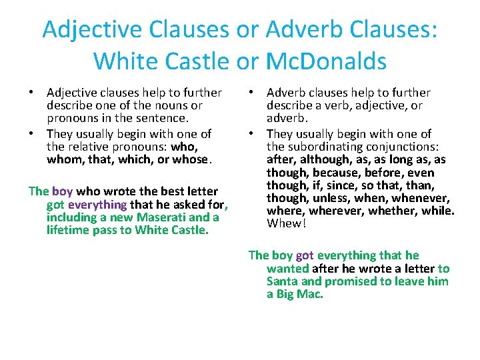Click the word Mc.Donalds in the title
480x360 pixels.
(x=326, y=61)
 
